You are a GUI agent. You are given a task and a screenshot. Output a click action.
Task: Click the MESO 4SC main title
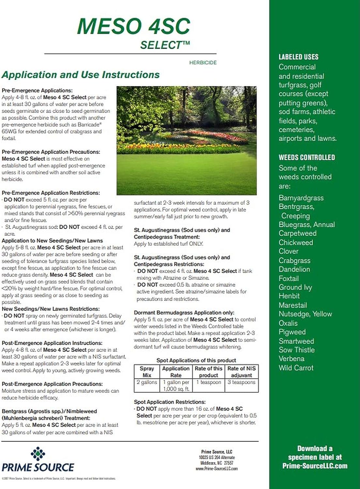point(133,26)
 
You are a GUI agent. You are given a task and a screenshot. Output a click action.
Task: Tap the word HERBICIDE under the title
point(203,63)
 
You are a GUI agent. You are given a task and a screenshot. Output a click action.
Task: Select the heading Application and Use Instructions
point(81,75)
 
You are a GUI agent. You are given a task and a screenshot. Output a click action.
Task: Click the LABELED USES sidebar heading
point(298,57)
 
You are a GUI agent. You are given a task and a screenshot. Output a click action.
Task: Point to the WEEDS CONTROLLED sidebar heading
point(307,157)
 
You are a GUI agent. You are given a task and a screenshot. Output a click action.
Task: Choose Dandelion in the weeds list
point(294,269)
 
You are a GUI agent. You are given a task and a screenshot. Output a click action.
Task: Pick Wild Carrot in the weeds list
point(296,368)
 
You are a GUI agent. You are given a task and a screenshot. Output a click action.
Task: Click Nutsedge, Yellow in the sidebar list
point(305,314)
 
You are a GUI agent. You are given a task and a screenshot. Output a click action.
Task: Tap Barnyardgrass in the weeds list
point(301,198)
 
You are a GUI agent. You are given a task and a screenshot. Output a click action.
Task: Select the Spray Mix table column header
point(147,372)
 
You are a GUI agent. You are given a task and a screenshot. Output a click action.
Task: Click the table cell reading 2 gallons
point(147,382)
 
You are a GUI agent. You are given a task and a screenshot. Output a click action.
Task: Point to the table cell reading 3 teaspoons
point(241,382)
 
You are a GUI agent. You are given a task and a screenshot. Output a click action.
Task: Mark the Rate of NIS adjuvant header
point(241,372)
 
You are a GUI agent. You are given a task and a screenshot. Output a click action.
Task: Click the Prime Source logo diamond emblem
point(38,454)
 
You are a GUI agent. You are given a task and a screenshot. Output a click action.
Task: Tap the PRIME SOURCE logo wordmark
point(38,467)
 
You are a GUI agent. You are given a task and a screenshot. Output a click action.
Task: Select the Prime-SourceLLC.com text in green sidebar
point(315,466)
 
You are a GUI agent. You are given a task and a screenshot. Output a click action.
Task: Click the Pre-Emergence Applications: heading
point(37,90)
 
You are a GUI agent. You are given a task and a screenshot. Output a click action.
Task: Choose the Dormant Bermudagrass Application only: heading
point(184,312)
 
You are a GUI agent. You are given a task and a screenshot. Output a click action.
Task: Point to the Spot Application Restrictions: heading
point(170,402)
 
